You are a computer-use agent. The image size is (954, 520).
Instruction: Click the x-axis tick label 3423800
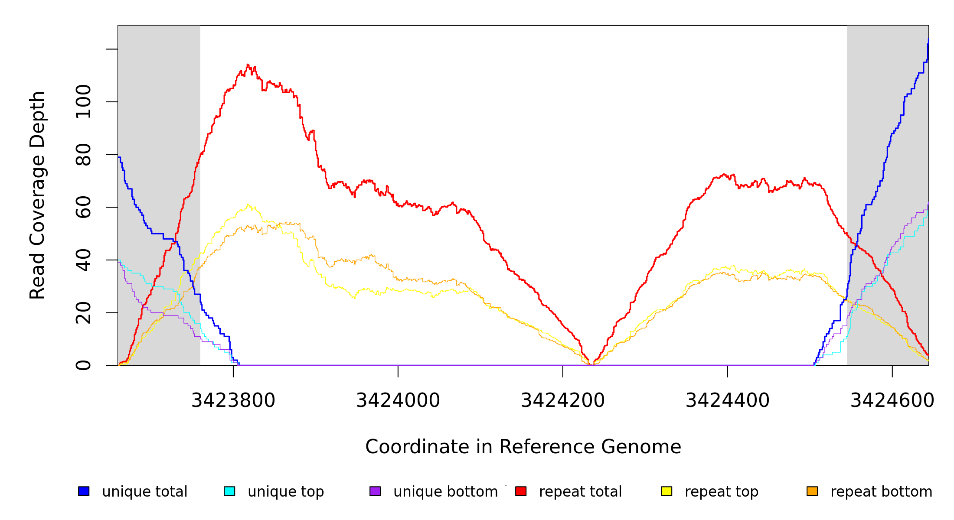(x=233, y=401)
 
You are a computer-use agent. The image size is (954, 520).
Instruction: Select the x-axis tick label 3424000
(x=398, y=401)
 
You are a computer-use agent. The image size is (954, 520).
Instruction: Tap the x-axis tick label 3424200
(x=563, y=401)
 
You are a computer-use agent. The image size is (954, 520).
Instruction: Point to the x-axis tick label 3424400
(x=728, y=401)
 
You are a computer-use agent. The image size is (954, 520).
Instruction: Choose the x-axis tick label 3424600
(x=892, y=401)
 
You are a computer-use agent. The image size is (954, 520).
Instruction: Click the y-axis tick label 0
(x=83, y=365)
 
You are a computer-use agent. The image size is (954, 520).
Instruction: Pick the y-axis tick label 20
(x=83, y=313)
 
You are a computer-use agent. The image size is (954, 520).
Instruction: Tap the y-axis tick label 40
(x=83, y=260)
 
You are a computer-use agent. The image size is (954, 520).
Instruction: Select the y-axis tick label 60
(x=83, y=207)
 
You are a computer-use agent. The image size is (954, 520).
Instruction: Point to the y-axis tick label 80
(x=83, y=155)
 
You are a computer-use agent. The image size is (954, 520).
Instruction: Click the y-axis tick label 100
(x=83, y=102)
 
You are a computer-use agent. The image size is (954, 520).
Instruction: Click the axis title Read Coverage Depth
(x=37, y=195)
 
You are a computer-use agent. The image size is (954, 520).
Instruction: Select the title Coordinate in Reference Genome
(x=523, y=447)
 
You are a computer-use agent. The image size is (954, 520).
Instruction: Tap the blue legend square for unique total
(x=84, y=491)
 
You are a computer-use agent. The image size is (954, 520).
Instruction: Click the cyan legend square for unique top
(x=229, y=491)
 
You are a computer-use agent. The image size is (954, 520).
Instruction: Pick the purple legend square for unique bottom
(x=375, y=491)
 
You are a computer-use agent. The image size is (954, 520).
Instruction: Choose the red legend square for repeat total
(x=521, y=491)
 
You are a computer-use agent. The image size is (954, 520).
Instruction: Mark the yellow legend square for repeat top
(x=666, y=491)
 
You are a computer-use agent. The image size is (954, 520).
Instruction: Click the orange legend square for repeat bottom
(x=812, y=491)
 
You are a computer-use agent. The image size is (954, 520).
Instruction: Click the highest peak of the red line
(x=248, y=65)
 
